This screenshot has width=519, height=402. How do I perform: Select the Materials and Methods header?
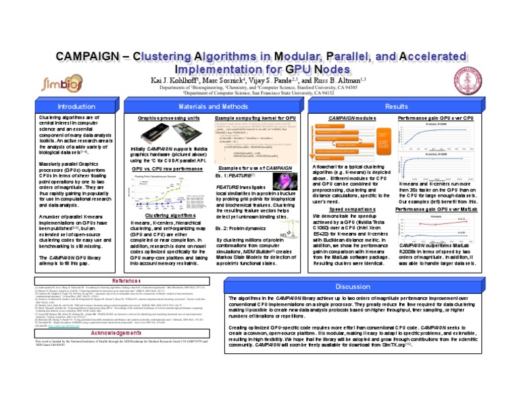tap(212, 107)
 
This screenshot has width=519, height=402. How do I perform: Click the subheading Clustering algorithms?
tap(162, 214)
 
